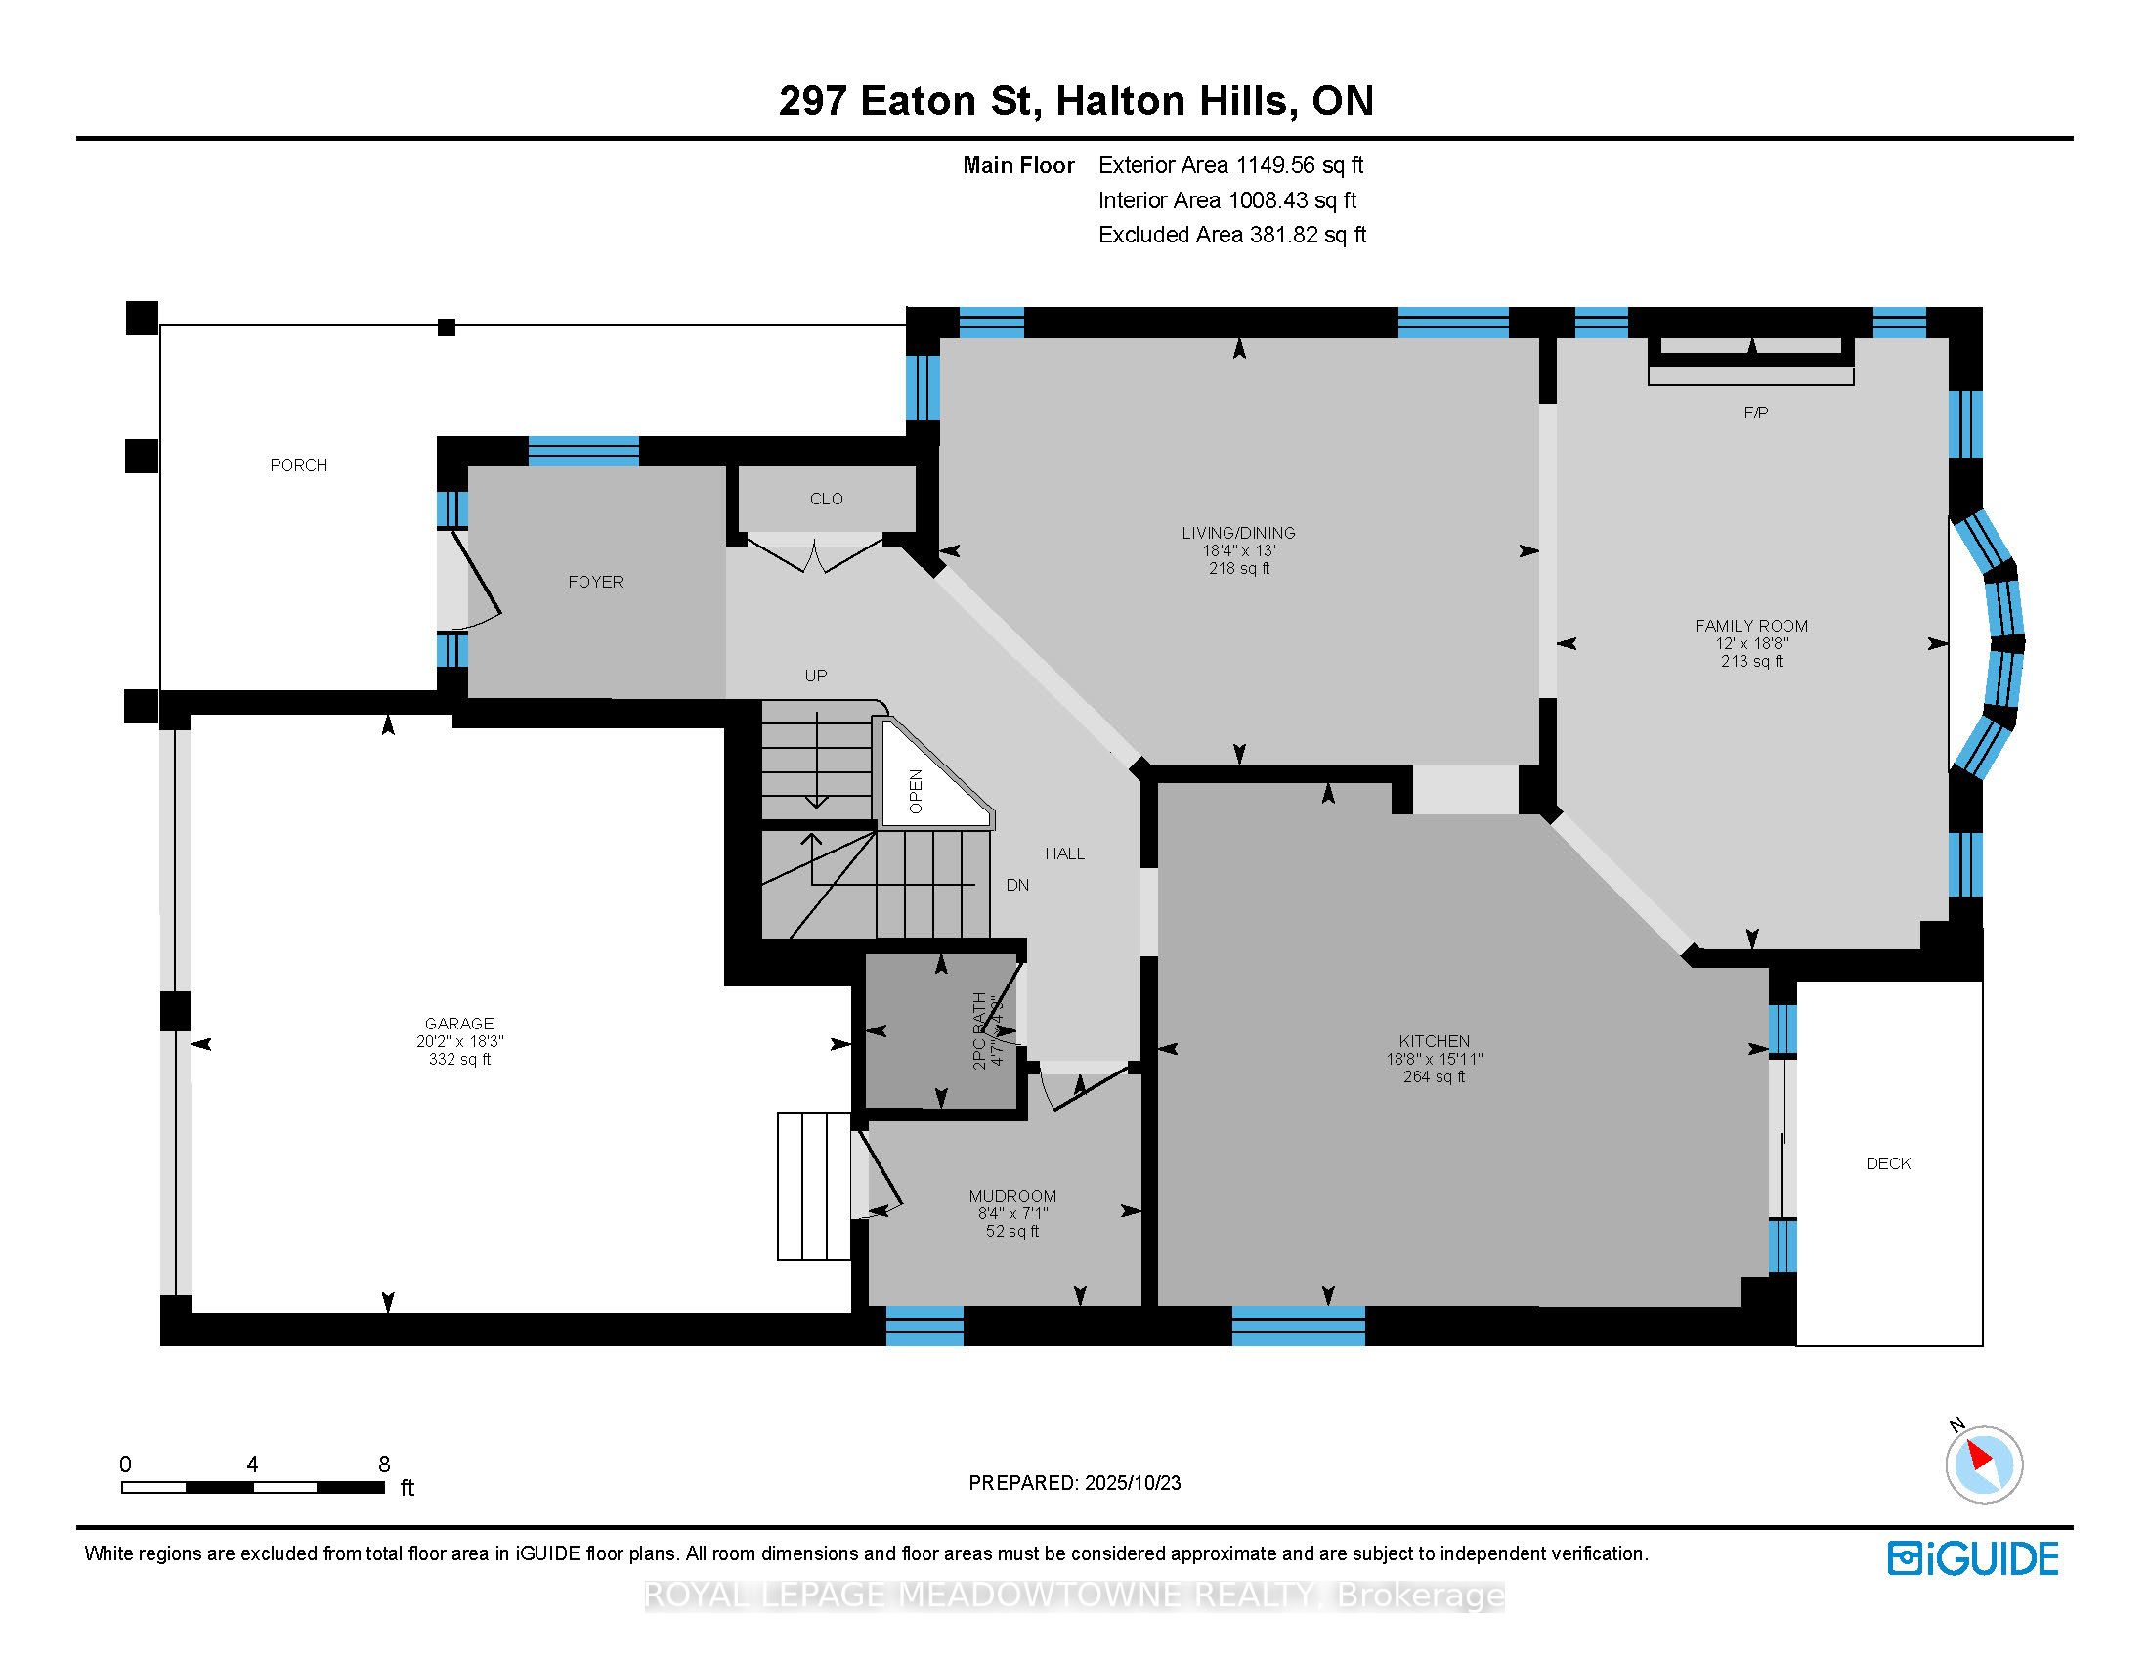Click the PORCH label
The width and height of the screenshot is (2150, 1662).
[298, 465]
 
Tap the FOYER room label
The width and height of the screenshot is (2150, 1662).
[595, 582]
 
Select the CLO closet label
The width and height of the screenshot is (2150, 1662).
[826, 500]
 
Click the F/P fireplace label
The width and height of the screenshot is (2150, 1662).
[1755, 413]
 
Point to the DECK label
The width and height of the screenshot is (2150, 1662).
[1887, 1163]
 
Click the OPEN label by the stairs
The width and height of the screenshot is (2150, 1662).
[917, 792]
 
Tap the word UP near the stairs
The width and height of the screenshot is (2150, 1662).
[815, 676]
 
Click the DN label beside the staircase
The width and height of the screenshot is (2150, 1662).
[1017, 885]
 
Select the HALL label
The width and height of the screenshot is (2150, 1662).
[1064, 853]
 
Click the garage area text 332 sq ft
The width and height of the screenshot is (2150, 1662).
[458, 1060]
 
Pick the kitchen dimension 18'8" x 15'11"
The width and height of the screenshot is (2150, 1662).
[1434, 1060]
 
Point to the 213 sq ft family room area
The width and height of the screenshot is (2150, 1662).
[1750, 662]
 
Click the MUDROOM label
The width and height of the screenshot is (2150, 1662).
[1012, 1197]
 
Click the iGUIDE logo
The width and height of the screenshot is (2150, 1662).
[1972, 1558]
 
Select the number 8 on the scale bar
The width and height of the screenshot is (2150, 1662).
[384, 1465]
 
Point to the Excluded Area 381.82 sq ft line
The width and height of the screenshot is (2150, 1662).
[1231, 235]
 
